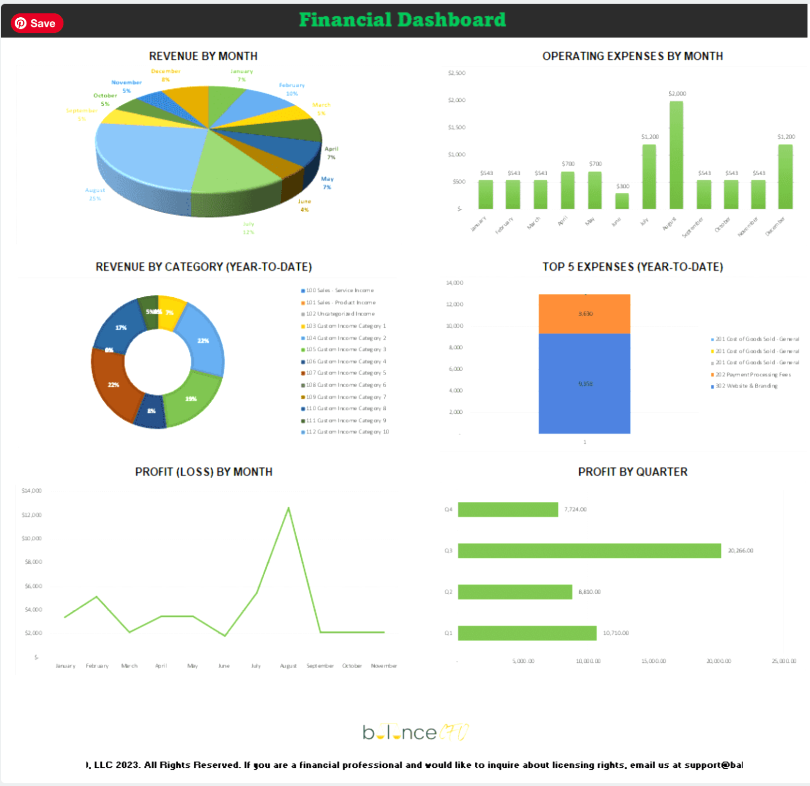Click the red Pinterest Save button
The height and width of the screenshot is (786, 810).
click(x=36, y=23)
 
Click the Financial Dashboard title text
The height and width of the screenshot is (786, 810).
click(x=402, y=20)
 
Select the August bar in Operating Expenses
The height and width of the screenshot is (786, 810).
click(x=676, y=155)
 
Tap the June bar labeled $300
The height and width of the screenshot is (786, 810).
click(x=622, y=201)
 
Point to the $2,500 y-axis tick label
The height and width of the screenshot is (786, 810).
click(x=457, y=73)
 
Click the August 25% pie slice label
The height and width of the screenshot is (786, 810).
click(x=95, y=194)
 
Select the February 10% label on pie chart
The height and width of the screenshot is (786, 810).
click(x=292, y=89)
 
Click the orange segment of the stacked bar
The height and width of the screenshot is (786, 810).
click(x=584, y=313)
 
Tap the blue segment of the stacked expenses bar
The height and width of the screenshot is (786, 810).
click(x=584, y=383)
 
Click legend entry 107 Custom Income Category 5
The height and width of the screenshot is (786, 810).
click(x=346, y=373)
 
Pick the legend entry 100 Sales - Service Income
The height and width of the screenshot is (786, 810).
click(x=339, y=291)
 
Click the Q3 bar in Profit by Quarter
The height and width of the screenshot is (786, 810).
click(x=589, y=551)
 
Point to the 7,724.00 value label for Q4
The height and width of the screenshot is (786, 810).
click(x=575, y=509)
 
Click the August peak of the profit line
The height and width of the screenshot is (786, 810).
click(x=289, y=508)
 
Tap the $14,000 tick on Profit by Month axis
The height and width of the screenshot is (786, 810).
click(x=31, y=491)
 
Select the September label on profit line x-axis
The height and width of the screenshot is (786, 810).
click(x=320, y=666)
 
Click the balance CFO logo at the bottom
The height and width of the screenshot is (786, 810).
click(x=415, y=732)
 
